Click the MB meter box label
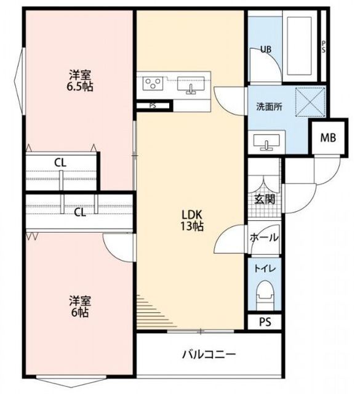328,138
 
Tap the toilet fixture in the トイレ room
265,295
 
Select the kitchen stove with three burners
153,83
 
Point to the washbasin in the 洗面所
266,142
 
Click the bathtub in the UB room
300,46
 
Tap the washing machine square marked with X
310,102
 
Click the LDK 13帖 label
192,220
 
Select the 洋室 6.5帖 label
80,81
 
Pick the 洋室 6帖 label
80,307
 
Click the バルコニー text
209,355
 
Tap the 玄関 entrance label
265,199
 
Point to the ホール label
264,237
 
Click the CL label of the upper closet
60,163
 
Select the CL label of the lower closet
80,212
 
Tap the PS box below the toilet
265,322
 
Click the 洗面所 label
269,107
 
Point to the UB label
266,49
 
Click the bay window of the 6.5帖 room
20,81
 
